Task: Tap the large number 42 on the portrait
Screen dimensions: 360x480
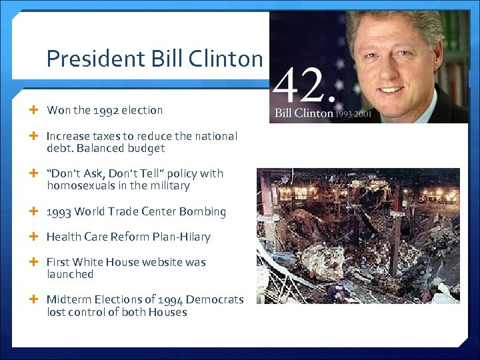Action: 302,85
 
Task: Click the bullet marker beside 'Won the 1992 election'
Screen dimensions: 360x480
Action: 34,110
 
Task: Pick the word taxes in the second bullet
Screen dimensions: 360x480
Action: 109,136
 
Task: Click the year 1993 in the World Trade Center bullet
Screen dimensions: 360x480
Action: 59,212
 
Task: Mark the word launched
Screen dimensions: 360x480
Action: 70,274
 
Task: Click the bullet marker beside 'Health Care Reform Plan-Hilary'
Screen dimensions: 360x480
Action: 34,237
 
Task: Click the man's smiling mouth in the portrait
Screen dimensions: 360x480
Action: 392,89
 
